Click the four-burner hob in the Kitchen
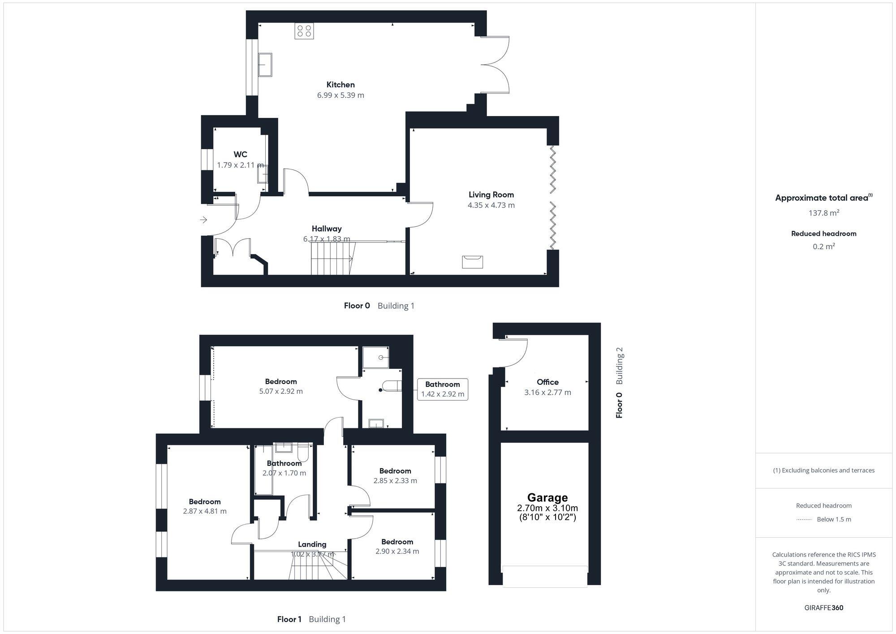pyautogui.click(x=304, y=31)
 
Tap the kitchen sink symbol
pyautogui.click(x=265, y=65)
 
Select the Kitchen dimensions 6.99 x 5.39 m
pyautogui.click(x=340, y=95)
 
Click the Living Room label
pyautogui.click(x=491, y=194)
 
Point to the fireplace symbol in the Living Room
pyautogui.click(x=473, y=262)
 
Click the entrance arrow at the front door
pyautogui.click(x=203, y=220)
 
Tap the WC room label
pyautogui.click(x=240, y=154)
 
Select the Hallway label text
pyautogui.click(x=327, y=229)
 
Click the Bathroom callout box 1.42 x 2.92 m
pyautogui.click(x=443, y=389)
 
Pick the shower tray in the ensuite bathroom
pyautogui.click(x=375, y=357)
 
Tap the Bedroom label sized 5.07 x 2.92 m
pyautogui.click(x=281, y=381)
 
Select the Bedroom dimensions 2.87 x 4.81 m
pyautogui.click(x=205, y=511)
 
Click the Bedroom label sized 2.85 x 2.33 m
pyautogui.click(x=395, y=471)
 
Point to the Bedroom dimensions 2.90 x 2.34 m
pyautogui.click(x=397, y=552)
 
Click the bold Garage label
pyautogui.click(x=547, y=497)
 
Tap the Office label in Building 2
pyautogui.click(x=547, y=382)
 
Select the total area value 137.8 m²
pyautogui.click(x=823, y=213)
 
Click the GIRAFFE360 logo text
pyautogui.click(x=823, y=608)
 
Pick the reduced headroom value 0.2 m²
pyautogui.click(x=823, y=246)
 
